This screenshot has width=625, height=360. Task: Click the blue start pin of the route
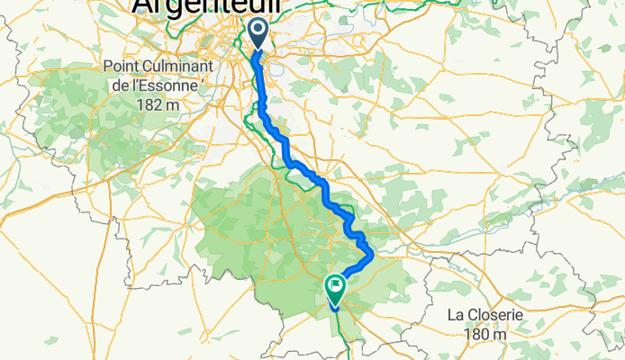tap(258, 32)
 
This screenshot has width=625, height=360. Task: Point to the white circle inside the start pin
tap(258, 31)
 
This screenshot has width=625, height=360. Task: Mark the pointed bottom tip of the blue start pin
tap(258, 50)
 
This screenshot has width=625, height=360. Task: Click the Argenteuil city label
tap(206, 6)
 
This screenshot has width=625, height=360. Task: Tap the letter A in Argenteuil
tap(145, 6)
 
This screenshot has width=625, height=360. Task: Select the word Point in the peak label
tap(123, 67)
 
